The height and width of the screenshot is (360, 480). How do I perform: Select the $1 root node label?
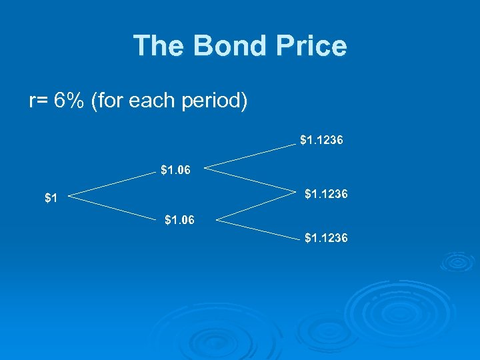click(51, 198)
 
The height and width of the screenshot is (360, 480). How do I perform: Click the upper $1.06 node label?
click(175, 170)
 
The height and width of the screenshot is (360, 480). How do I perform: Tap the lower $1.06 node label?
click(179, 219)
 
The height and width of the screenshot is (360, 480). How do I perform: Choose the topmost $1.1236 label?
click(321, 141)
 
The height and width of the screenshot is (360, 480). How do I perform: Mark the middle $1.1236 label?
click(325, 195)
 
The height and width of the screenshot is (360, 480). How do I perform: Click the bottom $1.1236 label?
click(325, 237)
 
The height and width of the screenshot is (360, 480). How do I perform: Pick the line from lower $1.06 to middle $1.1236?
click(256, 205)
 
